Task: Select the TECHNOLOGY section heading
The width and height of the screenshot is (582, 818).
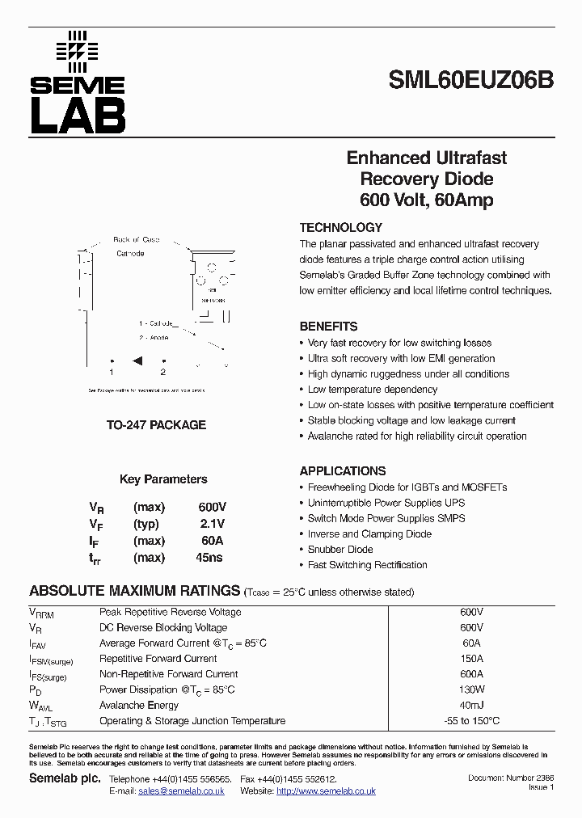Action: (340, 228)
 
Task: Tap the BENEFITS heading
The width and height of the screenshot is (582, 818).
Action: (328, 327)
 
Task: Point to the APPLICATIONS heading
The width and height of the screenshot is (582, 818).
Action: (343, 471)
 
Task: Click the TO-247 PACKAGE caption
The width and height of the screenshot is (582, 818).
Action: (157, 424)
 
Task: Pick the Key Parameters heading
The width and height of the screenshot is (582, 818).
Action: (163, 479)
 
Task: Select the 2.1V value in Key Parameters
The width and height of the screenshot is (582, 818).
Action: (212, 523)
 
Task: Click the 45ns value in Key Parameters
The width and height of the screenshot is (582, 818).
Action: (209, 557)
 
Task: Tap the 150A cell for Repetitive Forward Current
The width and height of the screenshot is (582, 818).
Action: (471, 659)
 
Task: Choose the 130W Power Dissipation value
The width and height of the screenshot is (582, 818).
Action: (471, 689)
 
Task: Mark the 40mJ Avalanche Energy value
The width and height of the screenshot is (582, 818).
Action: (471, 705)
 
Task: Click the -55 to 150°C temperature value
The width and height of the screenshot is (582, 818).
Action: (471, 721)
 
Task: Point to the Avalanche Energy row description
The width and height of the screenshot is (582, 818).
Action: (138, 705)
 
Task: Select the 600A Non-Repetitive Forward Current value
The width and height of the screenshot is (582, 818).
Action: (471, 674)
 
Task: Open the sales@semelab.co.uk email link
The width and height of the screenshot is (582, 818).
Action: (181, 791)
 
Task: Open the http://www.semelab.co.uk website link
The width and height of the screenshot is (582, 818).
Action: (326, 791)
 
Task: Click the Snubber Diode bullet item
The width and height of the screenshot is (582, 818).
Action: (340, 550)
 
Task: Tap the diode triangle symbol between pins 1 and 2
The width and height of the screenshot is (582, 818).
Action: (137, 361)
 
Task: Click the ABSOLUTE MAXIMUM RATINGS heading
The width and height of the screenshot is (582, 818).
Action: (135, 591)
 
